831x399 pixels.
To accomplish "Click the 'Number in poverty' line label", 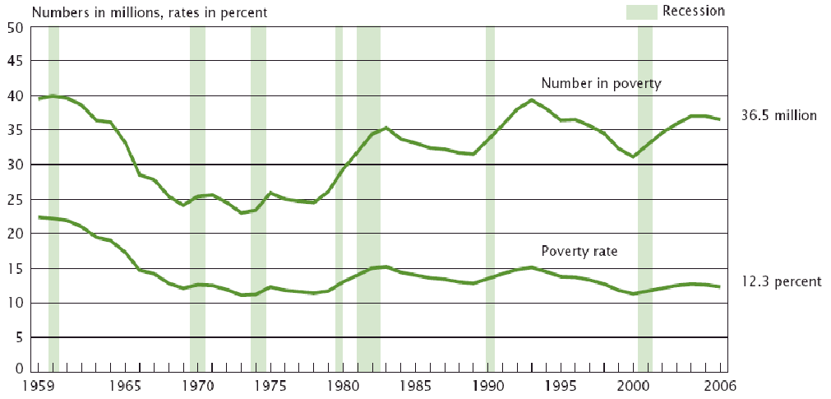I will (x=601, y=83).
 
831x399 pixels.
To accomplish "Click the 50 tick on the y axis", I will (x=15, y=27).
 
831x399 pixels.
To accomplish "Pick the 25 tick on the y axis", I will (x=15, y=199).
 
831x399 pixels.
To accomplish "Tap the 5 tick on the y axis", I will (x=18, y=337).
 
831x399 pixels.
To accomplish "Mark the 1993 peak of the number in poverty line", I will (x=533, y=100).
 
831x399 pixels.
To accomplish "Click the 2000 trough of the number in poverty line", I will (x=634, y=156).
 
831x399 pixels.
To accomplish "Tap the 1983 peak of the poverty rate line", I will (x=386, y=267).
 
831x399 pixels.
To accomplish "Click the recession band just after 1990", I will (x=490, y=197).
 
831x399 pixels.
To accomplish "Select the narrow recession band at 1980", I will (x=339, y=197).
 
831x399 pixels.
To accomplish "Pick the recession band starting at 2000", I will (x=645, y=197).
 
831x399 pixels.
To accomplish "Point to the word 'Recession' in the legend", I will (x=695, y=12).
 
